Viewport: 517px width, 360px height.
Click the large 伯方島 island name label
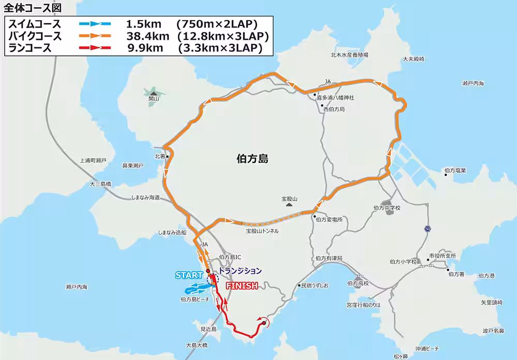(252, 159)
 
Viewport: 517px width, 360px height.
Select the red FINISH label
(242, 286)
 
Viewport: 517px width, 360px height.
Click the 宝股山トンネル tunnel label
(262, 231)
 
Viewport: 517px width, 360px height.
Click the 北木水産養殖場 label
(349, 55)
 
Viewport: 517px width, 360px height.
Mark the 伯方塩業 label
(455, 170)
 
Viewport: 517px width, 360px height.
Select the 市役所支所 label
(443, 256)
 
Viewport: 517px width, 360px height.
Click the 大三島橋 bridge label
(100, 184)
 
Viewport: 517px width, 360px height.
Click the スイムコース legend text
(35, 24)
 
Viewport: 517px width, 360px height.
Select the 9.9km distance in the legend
(145, 49)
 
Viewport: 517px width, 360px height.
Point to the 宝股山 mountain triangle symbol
(290, 205)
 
